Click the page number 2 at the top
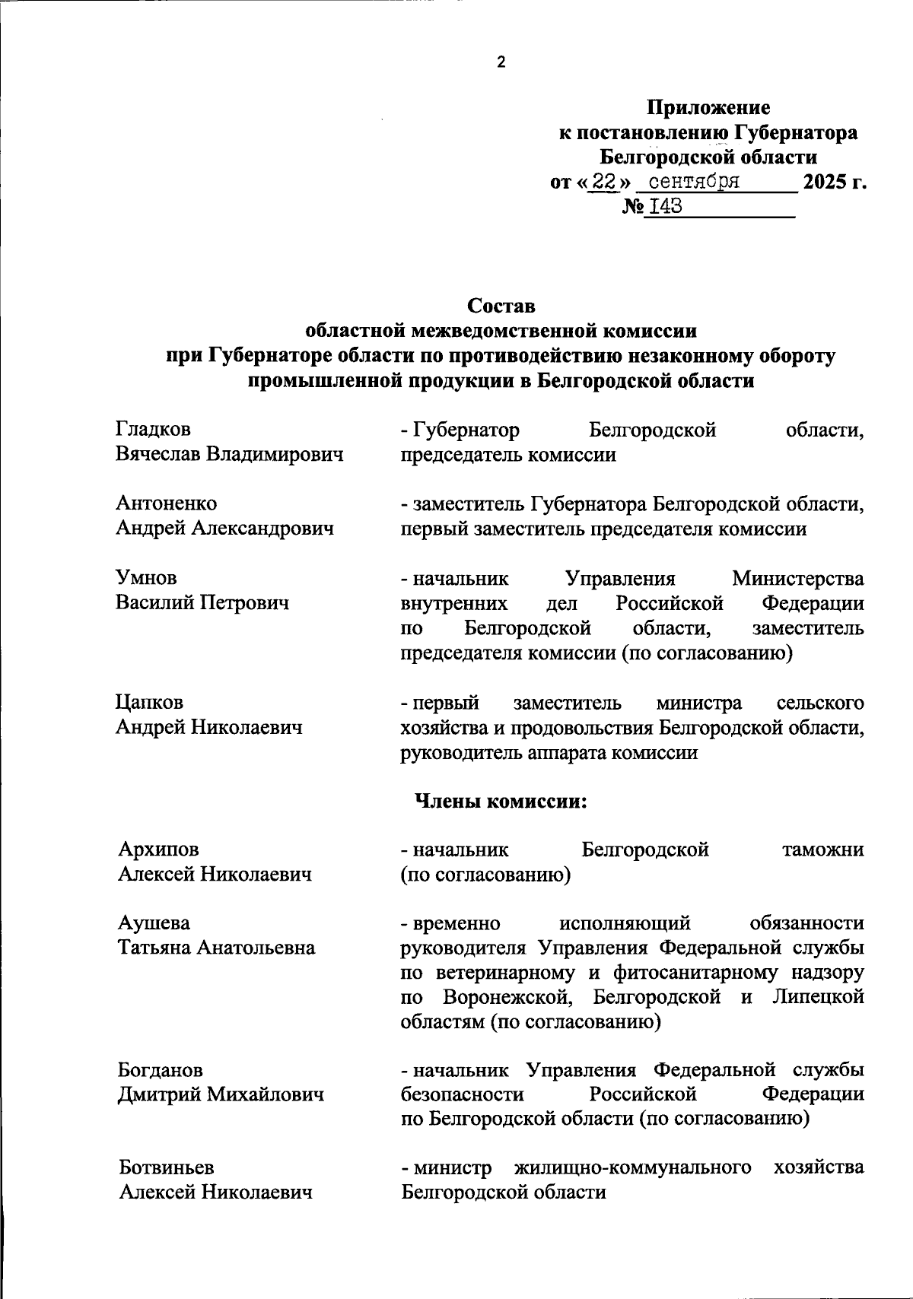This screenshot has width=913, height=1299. pyautogui.click(x=501, y=63)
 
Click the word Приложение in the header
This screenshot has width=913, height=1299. pyautogui.click(x=708, y=108)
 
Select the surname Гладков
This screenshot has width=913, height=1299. pyautogui.click(x=154, y=430)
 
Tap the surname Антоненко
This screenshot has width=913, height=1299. pyautogui.click(x=167, y=503)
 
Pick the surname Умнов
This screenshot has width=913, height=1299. pyautogui.click(x=147, y=578)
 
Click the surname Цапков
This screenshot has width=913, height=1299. pyautogui.click(x=150, y=702)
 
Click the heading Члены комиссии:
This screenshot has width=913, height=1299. pyautogui.click(x=500, y=801)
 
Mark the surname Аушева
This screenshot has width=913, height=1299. pyautogui.click(x=154, y=923)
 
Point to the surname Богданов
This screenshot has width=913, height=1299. pyautogui.click(x=161, y=1070)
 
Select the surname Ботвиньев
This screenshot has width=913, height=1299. pyautogui.click(x=167, y=1167)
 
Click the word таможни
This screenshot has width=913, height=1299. pyautogui.click(x=822, y=849)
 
